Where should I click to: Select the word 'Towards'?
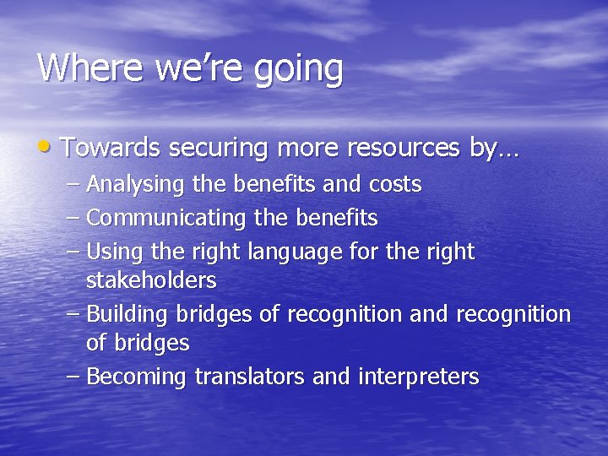[x=110, y=148]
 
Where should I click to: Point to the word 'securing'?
[x=218, y=149]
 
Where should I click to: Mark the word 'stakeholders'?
[x=151, y=280]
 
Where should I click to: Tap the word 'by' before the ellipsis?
[x=482, y=149]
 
